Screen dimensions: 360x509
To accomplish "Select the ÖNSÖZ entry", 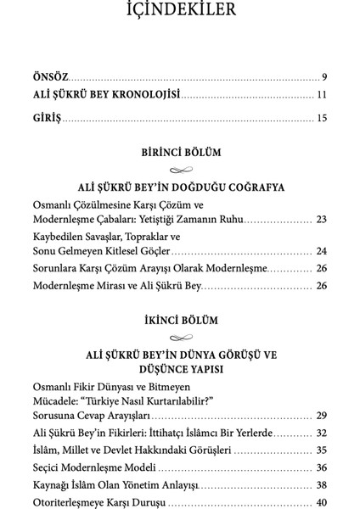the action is click(51, 76).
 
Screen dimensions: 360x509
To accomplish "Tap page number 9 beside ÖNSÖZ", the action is click(324, 76).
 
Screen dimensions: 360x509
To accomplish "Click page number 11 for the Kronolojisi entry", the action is click(322, 95).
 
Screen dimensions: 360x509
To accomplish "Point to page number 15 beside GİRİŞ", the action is click(322, 118).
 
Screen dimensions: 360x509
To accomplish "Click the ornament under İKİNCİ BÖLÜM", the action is click(180, 338).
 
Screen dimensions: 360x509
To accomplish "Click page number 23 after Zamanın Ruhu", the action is click(321, 220).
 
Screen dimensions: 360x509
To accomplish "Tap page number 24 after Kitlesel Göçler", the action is click(321, 252).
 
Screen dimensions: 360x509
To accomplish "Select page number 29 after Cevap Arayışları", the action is click(321, 416).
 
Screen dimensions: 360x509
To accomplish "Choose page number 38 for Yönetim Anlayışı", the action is click(321, 485).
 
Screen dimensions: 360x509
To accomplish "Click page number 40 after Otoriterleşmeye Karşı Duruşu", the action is click(321, 503).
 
